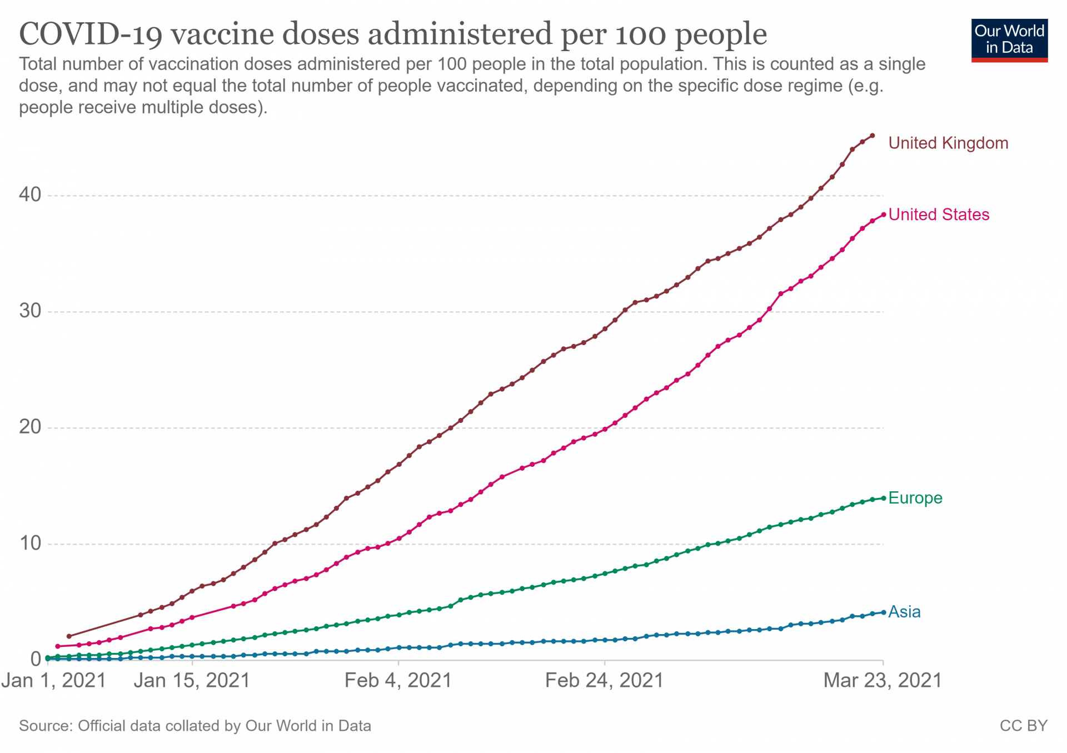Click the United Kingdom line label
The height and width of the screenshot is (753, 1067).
pos(948,143)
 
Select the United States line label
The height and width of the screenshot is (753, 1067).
pos(939,215)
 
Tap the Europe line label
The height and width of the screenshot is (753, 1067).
pos(915,498)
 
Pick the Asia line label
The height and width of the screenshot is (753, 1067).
pos(904,612)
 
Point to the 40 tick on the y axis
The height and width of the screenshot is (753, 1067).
pos(30,195)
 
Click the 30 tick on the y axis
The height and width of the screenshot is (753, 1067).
pos(30,311)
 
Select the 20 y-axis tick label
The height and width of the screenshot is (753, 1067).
pos(30,427)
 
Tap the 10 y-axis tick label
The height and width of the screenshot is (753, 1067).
pos(30,543)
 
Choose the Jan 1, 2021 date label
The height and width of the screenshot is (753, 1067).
pos(53,680)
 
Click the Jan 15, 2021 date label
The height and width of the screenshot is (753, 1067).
pos(192,680)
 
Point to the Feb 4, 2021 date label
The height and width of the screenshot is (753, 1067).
pos(398,680)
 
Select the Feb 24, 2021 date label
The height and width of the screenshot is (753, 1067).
pos(604,680)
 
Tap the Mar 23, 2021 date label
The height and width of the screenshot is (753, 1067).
pos(882,680)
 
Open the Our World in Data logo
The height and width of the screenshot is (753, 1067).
pos(1009,40)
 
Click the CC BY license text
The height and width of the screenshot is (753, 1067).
pos(1023,726)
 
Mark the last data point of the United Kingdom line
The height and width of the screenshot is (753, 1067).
pos(872,136)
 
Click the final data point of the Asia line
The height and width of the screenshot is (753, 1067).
pos(884,612)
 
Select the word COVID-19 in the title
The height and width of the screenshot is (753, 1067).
pos(91,34)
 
